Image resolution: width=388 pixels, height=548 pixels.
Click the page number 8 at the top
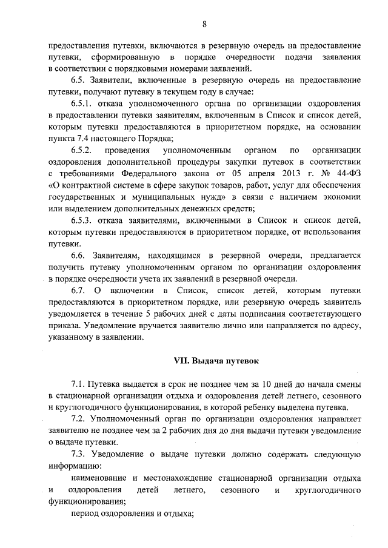pyautogui.click(x=204, y=24)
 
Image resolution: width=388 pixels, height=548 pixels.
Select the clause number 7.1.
pyautogui.click(x=78, y=385)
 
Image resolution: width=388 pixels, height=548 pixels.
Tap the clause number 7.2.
pyautogui.click(x=78, y=419)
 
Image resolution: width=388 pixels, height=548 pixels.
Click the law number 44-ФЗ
pyautogui.click(x=346, y=174)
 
